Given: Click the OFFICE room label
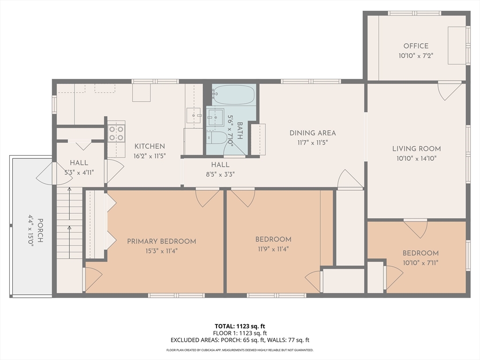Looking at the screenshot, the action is tap(416, 46).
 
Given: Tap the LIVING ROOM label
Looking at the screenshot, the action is tap(417, 149).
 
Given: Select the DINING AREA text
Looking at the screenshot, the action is tap(313, 133).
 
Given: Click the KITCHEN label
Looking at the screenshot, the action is tap(150, 146).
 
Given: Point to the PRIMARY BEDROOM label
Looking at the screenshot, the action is tap(162, 241).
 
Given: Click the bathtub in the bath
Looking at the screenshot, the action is tap(234, 95).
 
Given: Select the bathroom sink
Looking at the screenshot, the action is tap(216, 117).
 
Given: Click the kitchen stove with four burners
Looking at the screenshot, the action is tap(116, 134).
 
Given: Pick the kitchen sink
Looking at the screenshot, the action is tap(194, 115).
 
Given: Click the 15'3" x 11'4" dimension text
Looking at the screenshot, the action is tap(162, 251).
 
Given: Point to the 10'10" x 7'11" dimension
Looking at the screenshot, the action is tap(420, 262).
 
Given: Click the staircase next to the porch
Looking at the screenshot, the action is tap(69, 223).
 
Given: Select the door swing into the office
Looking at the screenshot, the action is tap(449, 91).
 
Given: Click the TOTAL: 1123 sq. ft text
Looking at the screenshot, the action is tap(240, 326).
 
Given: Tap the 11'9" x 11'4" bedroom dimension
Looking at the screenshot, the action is tap(273, 249).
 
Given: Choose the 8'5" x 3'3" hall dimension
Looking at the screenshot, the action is tap(220, 174).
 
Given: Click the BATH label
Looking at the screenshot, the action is tap(240, 131).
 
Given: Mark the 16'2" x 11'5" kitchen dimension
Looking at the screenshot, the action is tap(150, 156).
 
